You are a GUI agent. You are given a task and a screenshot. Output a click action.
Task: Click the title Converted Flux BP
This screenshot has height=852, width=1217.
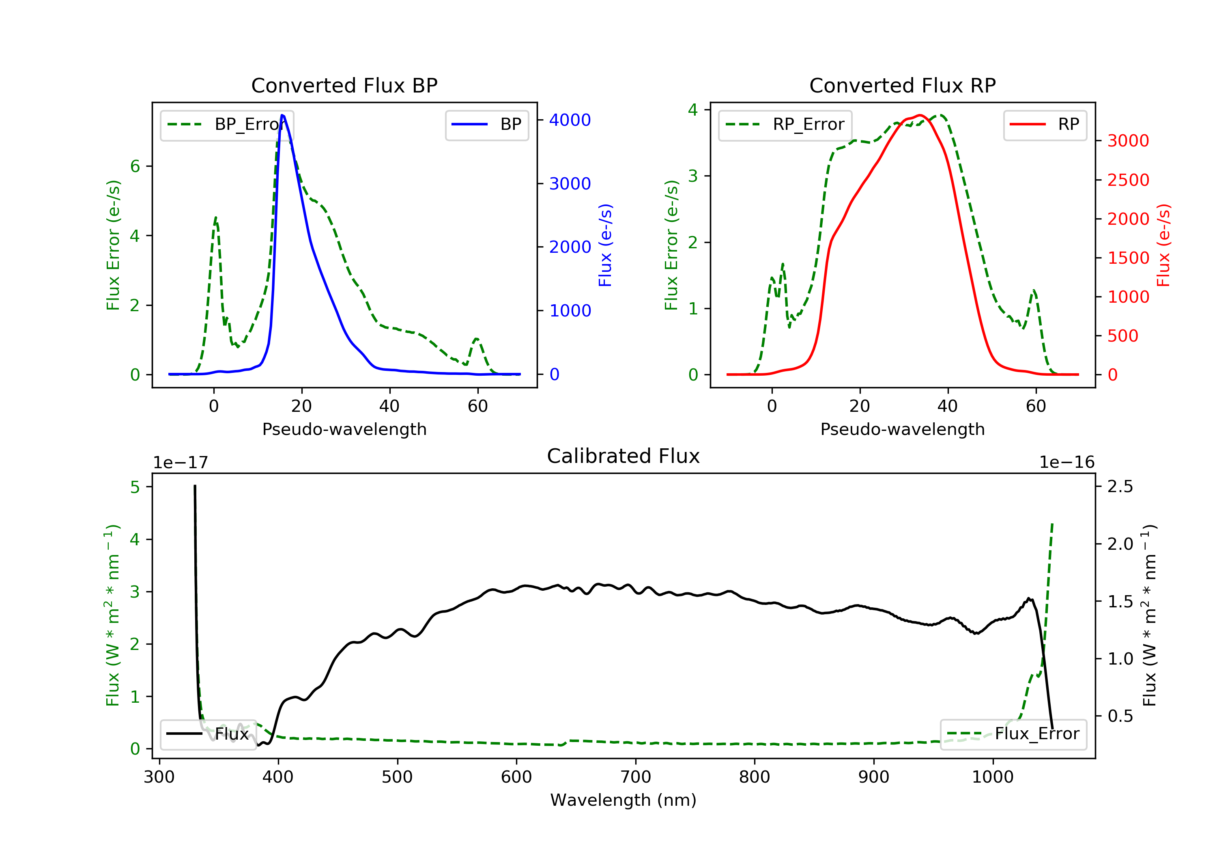(344, 85)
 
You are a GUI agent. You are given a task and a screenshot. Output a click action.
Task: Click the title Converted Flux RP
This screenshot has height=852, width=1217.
(902, 85)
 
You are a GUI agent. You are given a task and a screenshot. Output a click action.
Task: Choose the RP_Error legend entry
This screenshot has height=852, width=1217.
(785, 125)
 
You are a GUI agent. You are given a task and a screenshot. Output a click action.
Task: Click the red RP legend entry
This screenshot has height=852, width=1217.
(1045, 125)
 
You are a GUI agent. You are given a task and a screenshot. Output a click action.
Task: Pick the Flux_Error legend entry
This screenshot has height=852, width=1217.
(1013, 734)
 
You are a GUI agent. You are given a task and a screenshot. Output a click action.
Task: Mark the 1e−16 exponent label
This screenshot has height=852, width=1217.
(1066, 463)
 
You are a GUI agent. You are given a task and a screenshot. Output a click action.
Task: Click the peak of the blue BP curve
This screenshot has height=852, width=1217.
(282, 115)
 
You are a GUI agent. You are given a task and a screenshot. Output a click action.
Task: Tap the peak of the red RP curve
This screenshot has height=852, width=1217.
(920, 115)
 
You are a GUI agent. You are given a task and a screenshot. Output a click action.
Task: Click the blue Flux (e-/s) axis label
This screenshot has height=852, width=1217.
(605, 245)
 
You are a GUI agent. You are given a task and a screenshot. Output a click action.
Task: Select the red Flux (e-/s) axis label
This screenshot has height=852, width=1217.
(1163, 245)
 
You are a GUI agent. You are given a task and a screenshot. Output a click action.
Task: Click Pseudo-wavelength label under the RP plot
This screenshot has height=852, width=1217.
(902, 429)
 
